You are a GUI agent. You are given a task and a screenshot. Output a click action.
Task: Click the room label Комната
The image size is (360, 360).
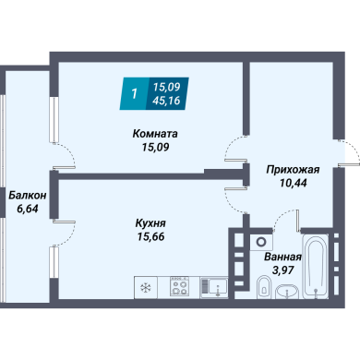pyautogui.click(x=155, y=134)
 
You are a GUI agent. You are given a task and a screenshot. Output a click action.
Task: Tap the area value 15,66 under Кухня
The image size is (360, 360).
pyautogui.click(x=151, y=236)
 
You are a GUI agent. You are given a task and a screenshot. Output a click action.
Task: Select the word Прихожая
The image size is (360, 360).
pyautogui.click(x=293, y=170)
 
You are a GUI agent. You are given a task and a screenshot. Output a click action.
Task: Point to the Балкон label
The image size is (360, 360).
pyautogui.click(x=28, y=195)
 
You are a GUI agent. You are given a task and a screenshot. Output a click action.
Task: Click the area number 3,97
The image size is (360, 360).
pyautogui.click(x=282, y=270)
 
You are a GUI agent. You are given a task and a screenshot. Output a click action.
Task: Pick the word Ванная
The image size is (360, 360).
pyautogui.click(x=282, y=257)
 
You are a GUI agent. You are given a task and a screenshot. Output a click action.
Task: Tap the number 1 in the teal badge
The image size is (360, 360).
pyautogui.click(x=134, y=93)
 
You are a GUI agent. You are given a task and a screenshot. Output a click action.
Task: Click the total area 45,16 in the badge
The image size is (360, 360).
pyautogui.click(x=166, y=101)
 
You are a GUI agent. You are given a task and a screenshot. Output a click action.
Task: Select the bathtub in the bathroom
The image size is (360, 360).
pyautogui.click(x=315, y=267)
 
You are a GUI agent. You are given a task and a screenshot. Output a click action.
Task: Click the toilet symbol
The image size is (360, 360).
pyautogui.click(x=263, y=286)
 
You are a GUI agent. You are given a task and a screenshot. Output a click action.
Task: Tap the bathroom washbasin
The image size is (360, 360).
pyautogui.click(x=287, y=291)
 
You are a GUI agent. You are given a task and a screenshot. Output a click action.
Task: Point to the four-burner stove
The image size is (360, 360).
pyautogui.click(x=180, y=286)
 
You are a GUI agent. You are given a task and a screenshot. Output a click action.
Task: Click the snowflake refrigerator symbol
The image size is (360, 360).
pyautogui.click(x=145, y=287)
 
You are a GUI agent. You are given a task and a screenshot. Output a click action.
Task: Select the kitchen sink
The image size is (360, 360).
pyautogui.click(x=214, y=287)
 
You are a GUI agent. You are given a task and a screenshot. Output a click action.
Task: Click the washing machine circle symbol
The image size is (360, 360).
pyautogui.click(x=261, y=242)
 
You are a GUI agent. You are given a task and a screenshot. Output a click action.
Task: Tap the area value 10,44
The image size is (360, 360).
pyautogui.click(x=293, y=183)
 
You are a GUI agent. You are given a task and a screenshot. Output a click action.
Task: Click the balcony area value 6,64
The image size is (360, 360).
pyautogui.click(x=28, y=209)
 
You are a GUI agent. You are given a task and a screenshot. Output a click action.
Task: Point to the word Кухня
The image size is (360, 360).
pyautogui.click(x=150, y=223)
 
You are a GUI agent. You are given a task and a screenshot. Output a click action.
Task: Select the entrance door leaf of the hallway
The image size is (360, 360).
pyautogui.click(x=349, y=165)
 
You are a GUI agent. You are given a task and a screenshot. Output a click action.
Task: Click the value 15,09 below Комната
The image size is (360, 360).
pyautogui.click(x=155, y=147)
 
